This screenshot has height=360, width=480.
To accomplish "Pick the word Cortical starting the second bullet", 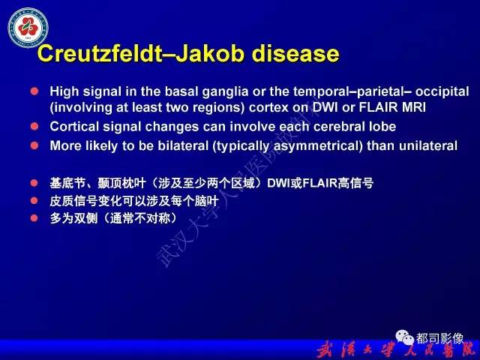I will coord(74,126).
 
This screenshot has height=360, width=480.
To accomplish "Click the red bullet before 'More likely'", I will coord(34,145).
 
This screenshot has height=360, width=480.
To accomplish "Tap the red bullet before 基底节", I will coord(34,182).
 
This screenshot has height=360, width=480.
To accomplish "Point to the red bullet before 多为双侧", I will coord(34,218).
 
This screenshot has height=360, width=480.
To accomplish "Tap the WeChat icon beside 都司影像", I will coord(404,338).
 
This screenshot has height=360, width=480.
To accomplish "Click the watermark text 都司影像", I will coord(440,338).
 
